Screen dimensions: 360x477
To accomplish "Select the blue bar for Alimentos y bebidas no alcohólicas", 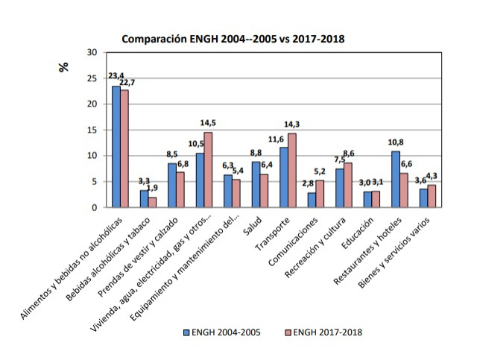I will click(x=116, y=146).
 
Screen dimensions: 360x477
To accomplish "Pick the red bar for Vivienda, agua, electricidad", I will click(x=209, y=169).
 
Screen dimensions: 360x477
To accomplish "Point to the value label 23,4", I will click(x=116, y=76).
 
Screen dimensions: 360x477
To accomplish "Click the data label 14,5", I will click(x=208, y=123).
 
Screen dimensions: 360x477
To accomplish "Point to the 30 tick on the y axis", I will click(x=92, y=52).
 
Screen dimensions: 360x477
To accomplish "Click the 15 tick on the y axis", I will click(x=92, y=130).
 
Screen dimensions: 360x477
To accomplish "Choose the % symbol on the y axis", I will click(x=64, y=66).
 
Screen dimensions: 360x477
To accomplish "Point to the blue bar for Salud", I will click(x=256, y=184).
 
